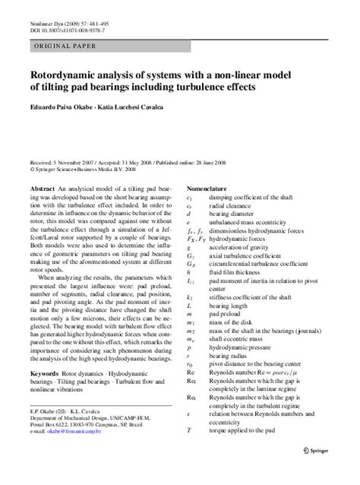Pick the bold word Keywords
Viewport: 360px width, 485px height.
click(x=45, y=354)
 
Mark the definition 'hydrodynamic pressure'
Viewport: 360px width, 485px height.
click(x=245, y=346)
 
